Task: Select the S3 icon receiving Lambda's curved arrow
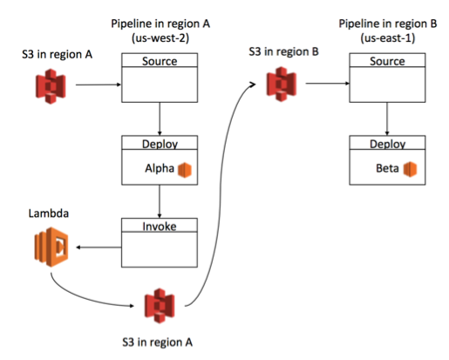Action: pyautogui.click(x=160, y=303)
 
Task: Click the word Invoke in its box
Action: pyautogui.click(x=160, y=226)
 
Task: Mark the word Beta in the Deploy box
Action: pyautogui.click(x=388, y=168)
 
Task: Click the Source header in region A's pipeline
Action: pyautogui.click(x=160, y=62)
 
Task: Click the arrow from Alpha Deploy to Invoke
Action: pyautogui.click(x=160, y=202)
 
